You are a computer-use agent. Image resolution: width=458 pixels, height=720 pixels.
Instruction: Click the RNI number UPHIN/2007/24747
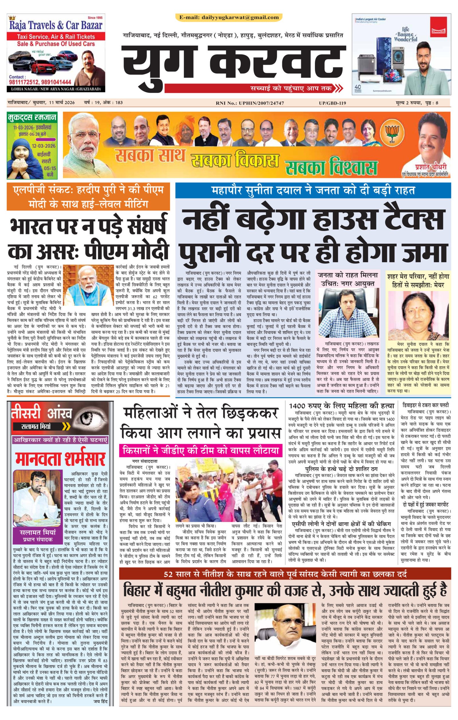coord(250,103)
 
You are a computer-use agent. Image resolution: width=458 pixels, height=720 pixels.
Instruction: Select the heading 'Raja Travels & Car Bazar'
coord(56,25)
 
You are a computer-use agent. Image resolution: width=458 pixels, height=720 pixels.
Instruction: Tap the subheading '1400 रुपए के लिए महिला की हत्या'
coord(341,406)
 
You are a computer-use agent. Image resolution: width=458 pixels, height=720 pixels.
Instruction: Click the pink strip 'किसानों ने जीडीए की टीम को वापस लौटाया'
coord(200,450)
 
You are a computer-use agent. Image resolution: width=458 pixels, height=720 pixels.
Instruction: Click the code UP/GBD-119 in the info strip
coord(332,103)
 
